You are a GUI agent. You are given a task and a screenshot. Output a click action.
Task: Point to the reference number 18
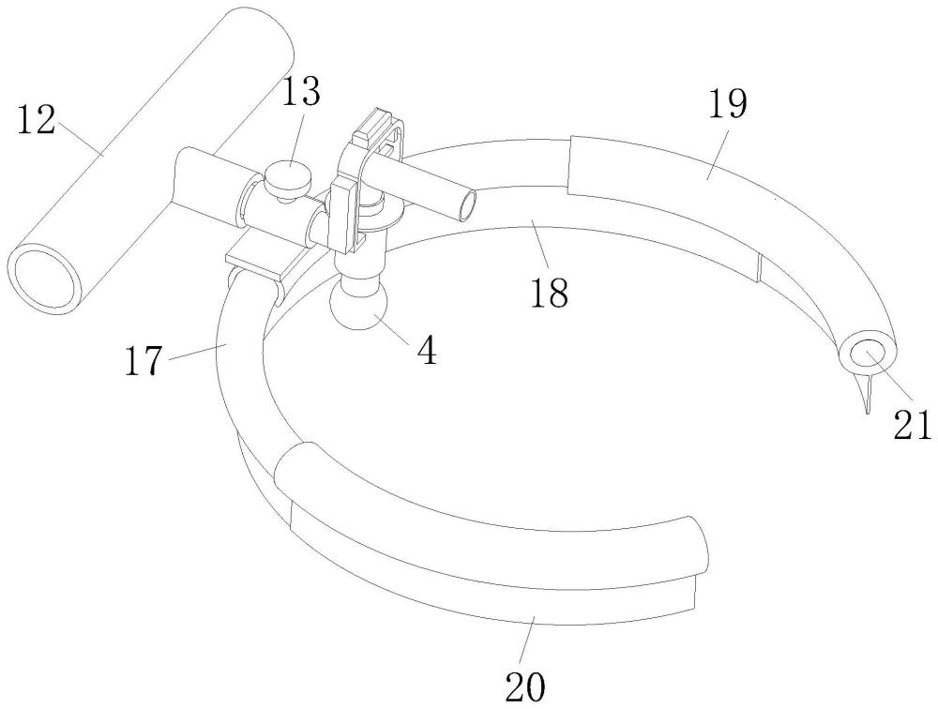pyautogui.click(x=550, y=293)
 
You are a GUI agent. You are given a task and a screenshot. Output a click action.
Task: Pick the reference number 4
pyautogui.click(x=427, y=352)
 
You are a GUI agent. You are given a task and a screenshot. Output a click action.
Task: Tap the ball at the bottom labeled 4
pyautogui.click(x=357, y=306)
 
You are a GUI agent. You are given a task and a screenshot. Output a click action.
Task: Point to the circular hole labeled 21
pyautogui.click(x=868, y=353)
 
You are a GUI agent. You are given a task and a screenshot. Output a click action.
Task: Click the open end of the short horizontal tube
pyautogui.click(x=465, y=201)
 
